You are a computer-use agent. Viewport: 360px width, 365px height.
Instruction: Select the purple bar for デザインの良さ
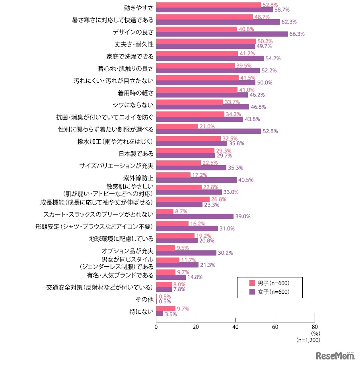[222, 34]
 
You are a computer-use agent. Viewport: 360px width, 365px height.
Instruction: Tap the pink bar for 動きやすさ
[208, 5]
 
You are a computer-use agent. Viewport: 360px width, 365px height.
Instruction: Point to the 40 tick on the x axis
[235, 327]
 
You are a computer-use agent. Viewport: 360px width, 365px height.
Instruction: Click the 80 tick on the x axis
[315, 327]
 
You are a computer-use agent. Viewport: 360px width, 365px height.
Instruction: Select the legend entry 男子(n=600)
[269, 283]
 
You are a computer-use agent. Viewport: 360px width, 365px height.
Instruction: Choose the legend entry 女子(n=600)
[269, 292]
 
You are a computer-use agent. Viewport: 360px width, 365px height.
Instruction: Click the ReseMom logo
[335, 355]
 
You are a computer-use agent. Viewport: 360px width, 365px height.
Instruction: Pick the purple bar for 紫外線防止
[196, 180]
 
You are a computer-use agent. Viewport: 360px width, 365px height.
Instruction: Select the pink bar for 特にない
[165, 308]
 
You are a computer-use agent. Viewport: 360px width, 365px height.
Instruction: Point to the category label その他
[146, 299]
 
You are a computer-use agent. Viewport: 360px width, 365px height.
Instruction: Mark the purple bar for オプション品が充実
[186, 253]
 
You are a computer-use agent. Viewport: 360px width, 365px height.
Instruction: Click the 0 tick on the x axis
[156, 327]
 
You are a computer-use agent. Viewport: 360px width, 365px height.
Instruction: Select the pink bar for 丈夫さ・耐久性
[206, 41]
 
